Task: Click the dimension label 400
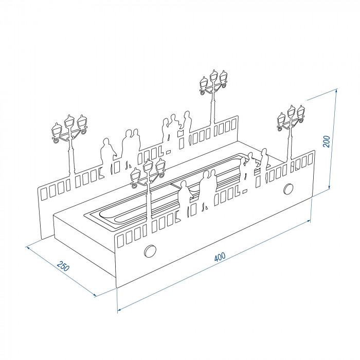tap(220, 257)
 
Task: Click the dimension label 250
tap(63, 266)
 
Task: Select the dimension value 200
tap(326, 141)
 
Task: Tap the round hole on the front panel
tap(150, 251)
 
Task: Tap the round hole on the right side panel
tap(289, 189)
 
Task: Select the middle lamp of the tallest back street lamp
tap(214, 76)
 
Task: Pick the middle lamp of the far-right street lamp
tap(292, 112)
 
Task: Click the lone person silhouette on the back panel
tap(106, 152)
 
